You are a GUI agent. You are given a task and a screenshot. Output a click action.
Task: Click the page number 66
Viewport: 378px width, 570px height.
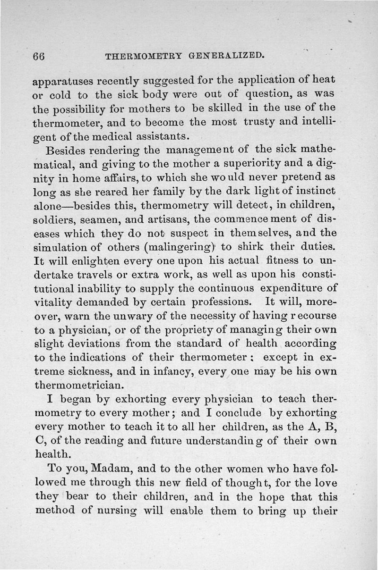point(39,55)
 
